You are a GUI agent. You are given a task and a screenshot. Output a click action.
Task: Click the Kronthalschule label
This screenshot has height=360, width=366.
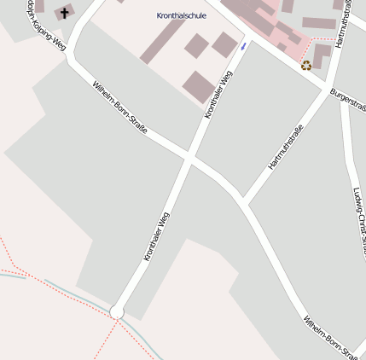tap(181, 15)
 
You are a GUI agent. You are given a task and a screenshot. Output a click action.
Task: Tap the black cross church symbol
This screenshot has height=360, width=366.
tap(64, 13)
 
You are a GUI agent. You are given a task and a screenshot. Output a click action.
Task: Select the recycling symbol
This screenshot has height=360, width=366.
tap(305, 64)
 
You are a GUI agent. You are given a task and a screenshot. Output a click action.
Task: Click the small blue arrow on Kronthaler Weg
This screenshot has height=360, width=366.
tap(242, 45)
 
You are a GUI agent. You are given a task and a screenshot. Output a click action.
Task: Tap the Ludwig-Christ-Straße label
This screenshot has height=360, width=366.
tap(357, 218)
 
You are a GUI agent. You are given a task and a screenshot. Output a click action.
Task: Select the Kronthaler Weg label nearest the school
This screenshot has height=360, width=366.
tap(218, 95)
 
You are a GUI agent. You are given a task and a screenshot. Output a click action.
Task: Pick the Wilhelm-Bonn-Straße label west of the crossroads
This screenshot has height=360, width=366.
tap(119, 108)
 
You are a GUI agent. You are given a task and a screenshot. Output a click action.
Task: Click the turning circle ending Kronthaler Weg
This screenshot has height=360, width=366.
tap(117, 313)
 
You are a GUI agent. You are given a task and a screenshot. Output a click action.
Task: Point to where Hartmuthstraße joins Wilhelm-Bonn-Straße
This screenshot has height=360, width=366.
tap(243, 203)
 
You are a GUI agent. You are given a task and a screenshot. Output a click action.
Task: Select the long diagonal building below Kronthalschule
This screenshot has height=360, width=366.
tap(164, 39)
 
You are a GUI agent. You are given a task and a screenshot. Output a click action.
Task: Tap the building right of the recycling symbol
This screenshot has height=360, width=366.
tap(322, 55)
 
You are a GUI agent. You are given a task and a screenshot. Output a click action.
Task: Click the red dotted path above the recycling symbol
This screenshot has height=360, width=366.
tap(322, 39)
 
